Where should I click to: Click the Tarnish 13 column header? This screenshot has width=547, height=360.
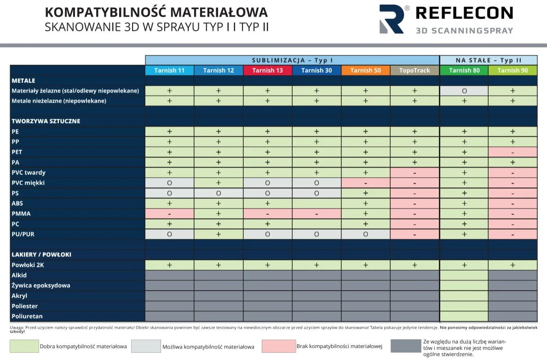(x=267, y=70)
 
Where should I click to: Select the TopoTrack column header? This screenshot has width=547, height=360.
(x=415, y=70)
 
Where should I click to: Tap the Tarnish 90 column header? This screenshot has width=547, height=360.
(x=512, y=70)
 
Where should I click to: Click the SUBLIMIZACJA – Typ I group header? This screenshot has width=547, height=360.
(x=292, y=60)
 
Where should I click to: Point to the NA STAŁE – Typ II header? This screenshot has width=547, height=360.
(x=488, y=60)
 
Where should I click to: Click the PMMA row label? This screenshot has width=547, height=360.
(x=21, y=214)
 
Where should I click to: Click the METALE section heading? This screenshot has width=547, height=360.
(x=23, y=81)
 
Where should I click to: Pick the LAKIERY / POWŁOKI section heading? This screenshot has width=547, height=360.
(x=41, y=254)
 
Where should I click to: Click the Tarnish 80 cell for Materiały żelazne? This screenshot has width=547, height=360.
(x=464, y=91)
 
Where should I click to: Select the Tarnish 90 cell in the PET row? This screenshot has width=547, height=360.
(x=512, y=152)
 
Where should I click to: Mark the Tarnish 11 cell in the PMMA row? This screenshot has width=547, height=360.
(x=169, y=214)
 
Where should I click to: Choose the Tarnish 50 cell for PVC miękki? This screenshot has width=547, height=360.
(x=365, y=183)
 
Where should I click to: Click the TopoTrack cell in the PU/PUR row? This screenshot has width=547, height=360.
(x=415, y=234)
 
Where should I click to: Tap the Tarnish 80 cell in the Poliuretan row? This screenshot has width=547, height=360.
(x=464, y=316)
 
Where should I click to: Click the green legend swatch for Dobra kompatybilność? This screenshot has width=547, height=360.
(x=24, y=346)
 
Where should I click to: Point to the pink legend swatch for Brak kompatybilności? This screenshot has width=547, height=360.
(x=278, y=346)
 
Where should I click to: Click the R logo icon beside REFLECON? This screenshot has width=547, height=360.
(x=392, y=19)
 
